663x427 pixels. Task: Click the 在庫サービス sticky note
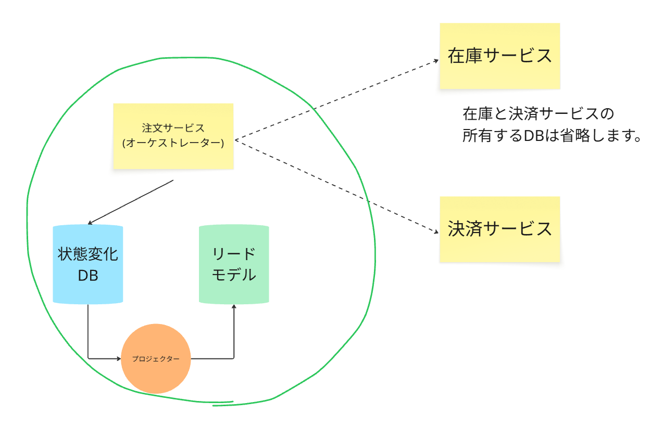tap(499, 56)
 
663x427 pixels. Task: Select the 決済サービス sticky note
tap(499, 229)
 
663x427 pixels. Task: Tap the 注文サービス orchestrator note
tap(173, 136)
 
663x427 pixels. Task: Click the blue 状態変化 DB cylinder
tap(87, 264)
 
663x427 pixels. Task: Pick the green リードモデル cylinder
tap(234, 264)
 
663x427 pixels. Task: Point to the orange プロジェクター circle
tap(156, 358)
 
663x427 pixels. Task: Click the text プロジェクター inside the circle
tap(156, 359)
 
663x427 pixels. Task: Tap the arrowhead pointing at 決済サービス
tap(436, 234)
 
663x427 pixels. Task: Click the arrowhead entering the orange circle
tap(118, 358)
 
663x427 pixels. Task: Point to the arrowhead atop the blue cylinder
tap(90, 223)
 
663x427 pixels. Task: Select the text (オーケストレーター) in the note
tap(173, 143)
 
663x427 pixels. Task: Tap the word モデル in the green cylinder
tap(234, 275)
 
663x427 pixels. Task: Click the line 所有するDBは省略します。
tap(551, 136)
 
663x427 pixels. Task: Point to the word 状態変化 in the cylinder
tap(87, 254)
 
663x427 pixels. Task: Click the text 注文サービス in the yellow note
tap(173, 127)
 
